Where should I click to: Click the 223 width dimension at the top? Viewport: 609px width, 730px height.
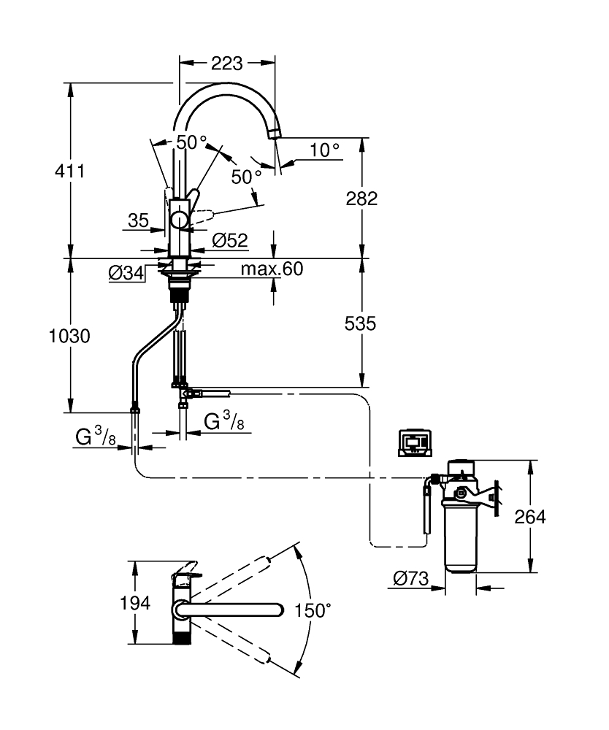click(x=226, y=64)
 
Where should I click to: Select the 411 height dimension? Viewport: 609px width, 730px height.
click(x=70, y=172)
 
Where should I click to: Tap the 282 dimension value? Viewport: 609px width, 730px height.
click(x=361, y=198)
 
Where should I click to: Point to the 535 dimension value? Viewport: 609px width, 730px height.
click(x=361, y=323)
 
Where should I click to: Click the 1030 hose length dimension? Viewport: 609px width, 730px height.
click(x=70, y=337)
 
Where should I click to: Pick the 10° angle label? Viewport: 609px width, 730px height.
click(x=324, y=150)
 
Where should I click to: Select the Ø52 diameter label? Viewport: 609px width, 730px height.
click(x=230, y=239)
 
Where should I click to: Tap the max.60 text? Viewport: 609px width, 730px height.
click(x=272, y=269)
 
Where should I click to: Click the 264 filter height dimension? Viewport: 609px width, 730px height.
click(x=529, y=517)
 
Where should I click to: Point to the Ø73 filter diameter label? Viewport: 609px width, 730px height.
click(x=410, y=579)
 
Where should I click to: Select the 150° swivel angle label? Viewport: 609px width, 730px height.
click(x=313, y=610)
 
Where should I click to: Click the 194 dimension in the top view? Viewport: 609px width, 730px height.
click(x=136, y=603)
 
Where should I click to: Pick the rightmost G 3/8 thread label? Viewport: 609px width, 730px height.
click(x=223, y=421)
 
